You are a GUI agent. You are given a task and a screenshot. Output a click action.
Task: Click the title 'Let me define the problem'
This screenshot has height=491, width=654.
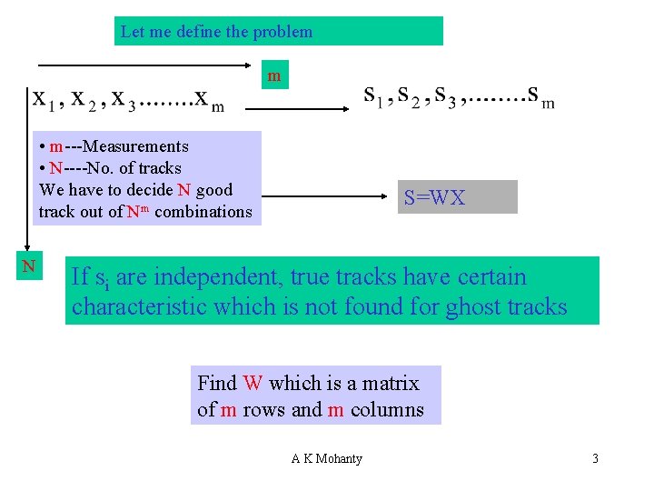coord(216,32)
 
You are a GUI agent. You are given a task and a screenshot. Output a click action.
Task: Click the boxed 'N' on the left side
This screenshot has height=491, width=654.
coord(28,266)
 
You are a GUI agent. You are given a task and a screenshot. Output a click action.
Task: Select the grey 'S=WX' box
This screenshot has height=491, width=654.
coord(434,197)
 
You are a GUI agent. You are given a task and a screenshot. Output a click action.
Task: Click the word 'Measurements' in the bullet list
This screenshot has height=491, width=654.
coord(135,146)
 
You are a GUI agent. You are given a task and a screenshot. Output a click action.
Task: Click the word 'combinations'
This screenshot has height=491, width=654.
coord(203,212)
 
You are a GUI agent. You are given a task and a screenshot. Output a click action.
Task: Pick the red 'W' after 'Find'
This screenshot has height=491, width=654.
coord(252,383)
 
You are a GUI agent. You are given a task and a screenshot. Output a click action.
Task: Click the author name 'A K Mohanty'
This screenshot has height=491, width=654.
coord(326,458)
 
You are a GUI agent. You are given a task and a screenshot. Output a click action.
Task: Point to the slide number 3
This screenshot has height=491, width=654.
coord(595,458)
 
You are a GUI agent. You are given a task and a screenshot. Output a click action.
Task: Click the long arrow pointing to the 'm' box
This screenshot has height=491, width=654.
coord(145,65)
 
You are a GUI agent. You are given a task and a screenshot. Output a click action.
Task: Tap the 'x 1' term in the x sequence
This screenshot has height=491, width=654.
coord(44,98)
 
